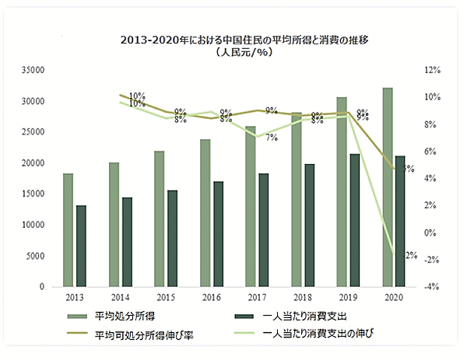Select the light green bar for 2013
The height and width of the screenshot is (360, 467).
68,230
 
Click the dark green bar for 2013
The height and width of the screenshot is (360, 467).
81,246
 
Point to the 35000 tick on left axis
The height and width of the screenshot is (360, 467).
31,70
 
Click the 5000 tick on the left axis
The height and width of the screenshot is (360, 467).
34,256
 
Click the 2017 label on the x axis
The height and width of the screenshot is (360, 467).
257,298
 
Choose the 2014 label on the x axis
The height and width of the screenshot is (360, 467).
120,298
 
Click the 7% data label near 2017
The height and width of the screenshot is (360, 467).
272,138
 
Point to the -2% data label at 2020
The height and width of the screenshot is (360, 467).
410,255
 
